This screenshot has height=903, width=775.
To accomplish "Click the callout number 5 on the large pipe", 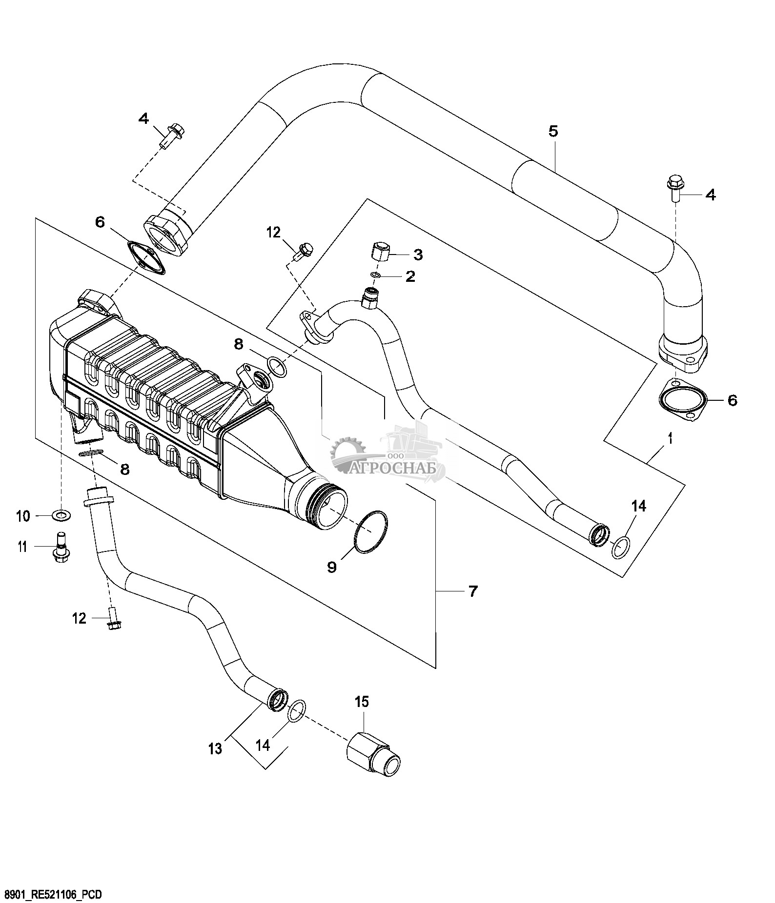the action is tap(553, 131).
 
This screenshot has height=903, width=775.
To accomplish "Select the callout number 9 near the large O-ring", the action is tap(332, 567).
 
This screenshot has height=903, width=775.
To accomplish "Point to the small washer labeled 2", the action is tap(375, 275).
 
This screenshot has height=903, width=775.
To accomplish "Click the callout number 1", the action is tap(671, 439).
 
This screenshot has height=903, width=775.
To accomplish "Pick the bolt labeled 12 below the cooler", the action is tap(113, 618).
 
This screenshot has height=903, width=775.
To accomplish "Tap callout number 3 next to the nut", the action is tap(418, 255).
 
